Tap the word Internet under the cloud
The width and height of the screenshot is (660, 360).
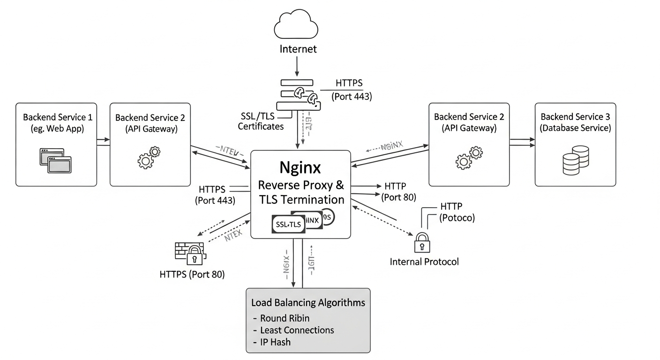pos(298,49)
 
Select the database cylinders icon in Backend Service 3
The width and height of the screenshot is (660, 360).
pos(575,159)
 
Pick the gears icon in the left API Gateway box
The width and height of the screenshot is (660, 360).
pos(149,157)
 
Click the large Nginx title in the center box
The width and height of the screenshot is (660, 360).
pos(300,167)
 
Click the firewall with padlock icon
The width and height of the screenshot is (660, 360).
pos(189,254)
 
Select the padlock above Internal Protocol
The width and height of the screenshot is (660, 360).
pos(422,242)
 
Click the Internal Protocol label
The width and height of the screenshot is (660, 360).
pos(424,262)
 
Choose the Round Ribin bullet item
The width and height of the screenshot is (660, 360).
pos(285,318)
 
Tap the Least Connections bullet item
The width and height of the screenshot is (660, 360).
pos(297,330)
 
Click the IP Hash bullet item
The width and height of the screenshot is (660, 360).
pos(275,342)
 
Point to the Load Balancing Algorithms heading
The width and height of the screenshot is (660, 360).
pos(308,302)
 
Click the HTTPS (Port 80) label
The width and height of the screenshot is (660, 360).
pos(192,274)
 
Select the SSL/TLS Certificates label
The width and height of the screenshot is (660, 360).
pos(261,121)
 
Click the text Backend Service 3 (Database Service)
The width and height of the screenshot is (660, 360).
pos(575,122)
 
